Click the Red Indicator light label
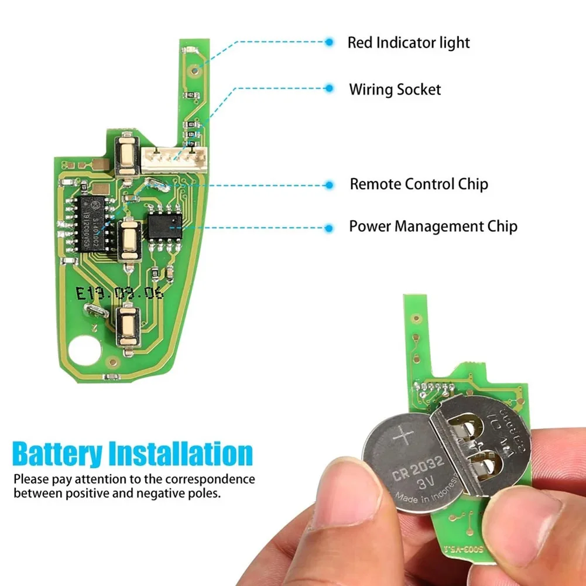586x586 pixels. tap(409, 43)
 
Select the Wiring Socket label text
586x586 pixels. tap(395, 90)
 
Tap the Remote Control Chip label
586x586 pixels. tap(419, 184)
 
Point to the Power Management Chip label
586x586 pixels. tap(433, 226)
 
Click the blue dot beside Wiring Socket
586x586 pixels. tap(330, 89)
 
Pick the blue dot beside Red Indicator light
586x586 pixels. tap(330, 42)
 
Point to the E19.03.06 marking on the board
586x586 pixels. tap(119, 293)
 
